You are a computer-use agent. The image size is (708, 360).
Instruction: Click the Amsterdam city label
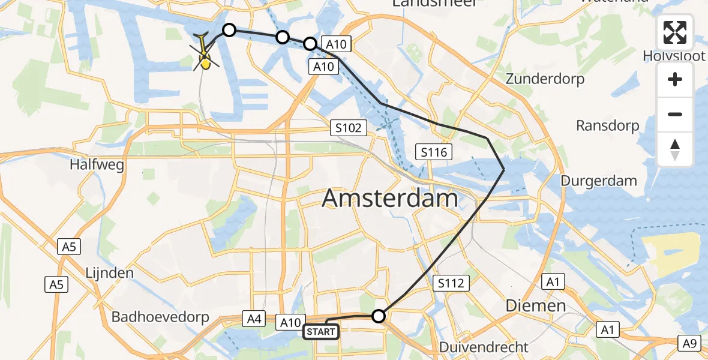pos(390,198)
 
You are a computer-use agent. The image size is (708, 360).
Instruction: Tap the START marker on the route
pos(321,331)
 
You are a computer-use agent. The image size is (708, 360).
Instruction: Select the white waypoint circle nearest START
pos(379,316)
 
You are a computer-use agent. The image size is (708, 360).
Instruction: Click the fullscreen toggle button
pos(675,32)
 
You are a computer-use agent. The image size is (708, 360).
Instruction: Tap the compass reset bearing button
pos(675,149)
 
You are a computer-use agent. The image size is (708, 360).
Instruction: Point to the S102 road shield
pos(349,128)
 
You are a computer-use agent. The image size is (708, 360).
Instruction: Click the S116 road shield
pos(434,152)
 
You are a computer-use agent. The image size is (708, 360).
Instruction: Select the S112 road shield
pos(451,283)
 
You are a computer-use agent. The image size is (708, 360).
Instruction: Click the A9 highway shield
pos(690,343)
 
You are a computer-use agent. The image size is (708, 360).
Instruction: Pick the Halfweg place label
pos(92,164)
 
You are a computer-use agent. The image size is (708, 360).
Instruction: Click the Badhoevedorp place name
pos(158,316)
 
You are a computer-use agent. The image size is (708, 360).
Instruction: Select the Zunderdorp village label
pos(545,79)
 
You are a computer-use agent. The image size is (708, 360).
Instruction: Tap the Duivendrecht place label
pos(484,347)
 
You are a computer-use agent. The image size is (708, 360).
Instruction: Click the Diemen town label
pos(535,305)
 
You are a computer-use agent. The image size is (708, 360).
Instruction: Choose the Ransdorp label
pos(607,126)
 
